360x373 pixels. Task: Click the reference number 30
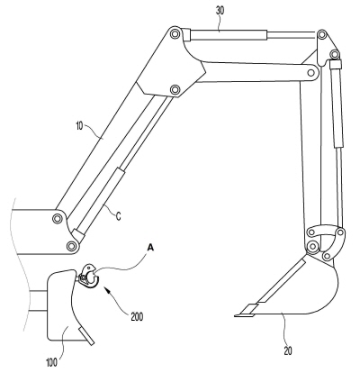click(x=220, y=11)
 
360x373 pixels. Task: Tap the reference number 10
click(x=79, y=126)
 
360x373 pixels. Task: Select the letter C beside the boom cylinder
click(x=119, y=215)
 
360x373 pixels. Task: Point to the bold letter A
click(x=150, y=248)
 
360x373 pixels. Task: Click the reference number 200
click(x=137, y=316)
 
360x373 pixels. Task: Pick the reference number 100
click(x=52, y=362)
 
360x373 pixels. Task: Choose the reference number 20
click(x=288, y=350)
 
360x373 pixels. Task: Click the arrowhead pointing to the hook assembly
click(x=106, y=290)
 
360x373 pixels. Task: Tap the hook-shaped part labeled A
click(x=89, y=276)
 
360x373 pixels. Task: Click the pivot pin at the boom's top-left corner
click(x=175, y=33)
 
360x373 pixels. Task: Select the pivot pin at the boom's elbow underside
click(x=175, y=90)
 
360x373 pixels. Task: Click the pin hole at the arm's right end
click(x=311, y=73)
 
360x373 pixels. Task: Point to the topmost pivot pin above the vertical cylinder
click(x=322, y=34)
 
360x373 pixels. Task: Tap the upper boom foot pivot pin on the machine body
click(x=57, y=219)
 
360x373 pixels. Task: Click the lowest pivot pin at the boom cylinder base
click(x=71, y=247)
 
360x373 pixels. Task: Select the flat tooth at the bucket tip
click(x=244, y=315)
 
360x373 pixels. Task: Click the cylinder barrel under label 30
click(x=229, y=35)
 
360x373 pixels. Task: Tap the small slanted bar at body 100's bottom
click(x=86, y=336)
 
